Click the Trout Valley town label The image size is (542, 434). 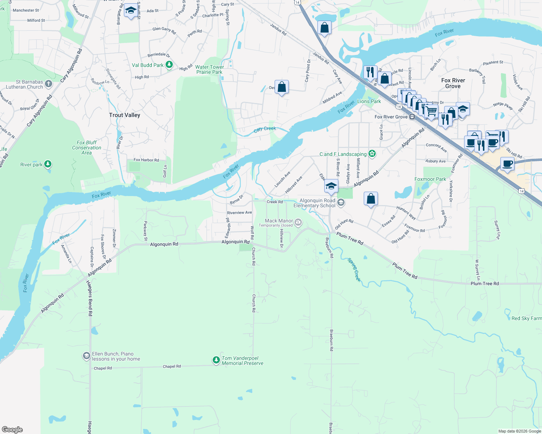tap(124, 115)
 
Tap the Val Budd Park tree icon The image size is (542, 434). tap(169, 65)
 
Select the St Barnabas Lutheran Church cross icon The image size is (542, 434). tap(49, 84)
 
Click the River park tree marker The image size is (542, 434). tap(47, 165)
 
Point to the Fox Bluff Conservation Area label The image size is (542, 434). tap(87, 148)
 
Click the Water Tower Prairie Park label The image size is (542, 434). tap(209, 69)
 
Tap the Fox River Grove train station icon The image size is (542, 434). tap(412, 117)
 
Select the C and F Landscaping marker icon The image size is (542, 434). tap(372, 154)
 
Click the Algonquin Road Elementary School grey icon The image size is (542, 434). tap(341, 203)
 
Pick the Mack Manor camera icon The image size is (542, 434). tap(298, 222)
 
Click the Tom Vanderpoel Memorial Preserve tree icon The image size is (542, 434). tap(216, 360)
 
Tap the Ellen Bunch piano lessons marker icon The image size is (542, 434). tap(86, 356)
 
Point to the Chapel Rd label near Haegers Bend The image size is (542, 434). tap(103, 368)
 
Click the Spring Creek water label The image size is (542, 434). tap(354, 270)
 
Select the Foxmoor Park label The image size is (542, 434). tap(430, 179)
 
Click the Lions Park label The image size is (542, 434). tap(369, 101)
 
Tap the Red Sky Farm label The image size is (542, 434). tap(526, 318)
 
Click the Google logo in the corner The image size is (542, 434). tap(12, 430)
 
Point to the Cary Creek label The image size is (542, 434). tap(264, 129)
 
